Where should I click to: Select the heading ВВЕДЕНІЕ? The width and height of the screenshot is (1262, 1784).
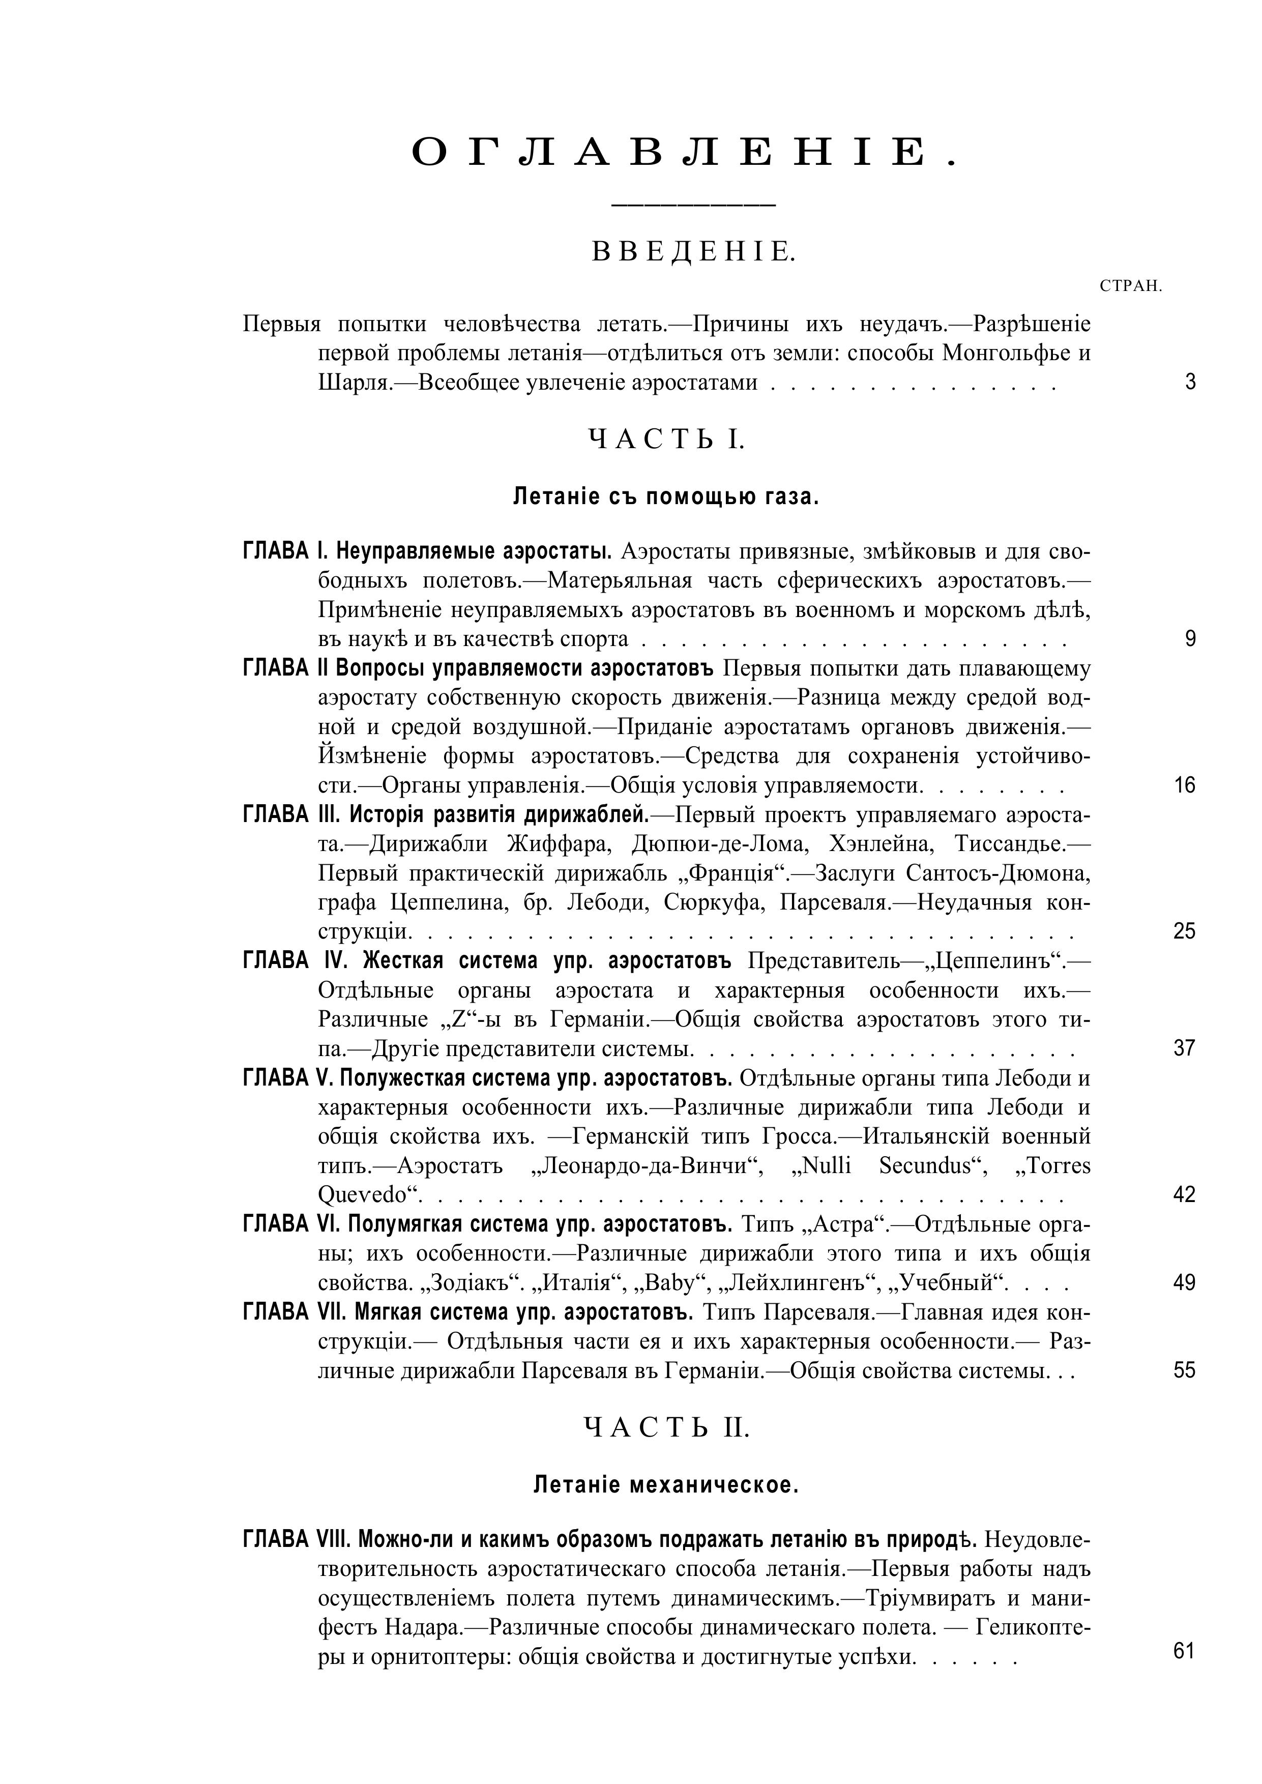click(694, 252)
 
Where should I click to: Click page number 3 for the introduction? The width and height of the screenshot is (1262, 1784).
click(1190, 383)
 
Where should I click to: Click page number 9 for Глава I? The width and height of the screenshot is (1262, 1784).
click(1190, 639)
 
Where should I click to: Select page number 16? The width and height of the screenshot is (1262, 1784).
click(1184, 785)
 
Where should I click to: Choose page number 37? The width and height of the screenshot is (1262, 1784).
click(1184, 1049)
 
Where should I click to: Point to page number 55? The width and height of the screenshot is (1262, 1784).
click(1184, 1370)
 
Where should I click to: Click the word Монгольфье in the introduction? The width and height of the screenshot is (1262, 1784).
click(1003, 354)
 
